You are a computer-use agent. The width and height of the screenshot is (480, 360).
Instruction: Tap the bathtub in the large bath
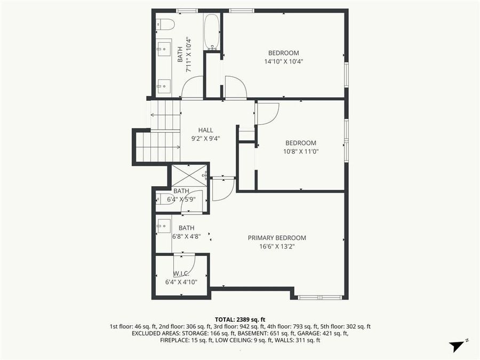click(211, 31)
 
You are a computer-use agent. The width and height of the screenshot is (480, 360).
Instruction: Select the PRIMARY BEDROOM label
click(277, 238)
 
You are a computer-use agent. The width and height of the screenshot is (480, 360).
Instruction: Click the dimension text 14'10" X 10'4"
click(283, 61)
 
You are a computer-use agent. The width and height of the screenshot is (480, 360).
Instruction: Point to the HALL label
click(205, 130)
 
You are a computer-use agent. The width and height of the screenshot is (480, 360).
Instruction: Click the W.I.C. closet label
click(181, 273)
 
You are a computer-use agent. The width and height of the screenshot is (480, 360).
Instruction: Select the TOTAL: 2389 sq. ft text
click(240, 318)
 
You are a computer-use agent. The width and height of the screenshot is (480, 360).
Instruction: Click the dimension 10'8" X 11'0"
click(300, 151)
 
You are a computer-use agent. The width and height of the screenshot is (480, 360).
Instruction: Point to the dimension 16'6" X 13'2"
click(277, 246)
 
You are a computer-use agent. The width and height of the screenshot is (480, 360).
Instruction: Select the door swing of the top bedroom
click(235, 87)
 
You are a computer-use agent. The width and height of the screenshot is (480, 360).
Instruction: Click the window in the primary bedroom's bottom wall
click(319, 297)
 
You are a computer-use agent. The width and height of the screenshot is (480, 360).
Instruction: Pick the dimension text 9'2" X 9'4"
click(205, 139)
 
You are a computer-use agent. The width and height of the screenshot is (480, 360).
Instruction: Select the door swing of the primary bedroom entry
click(223, 189)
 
